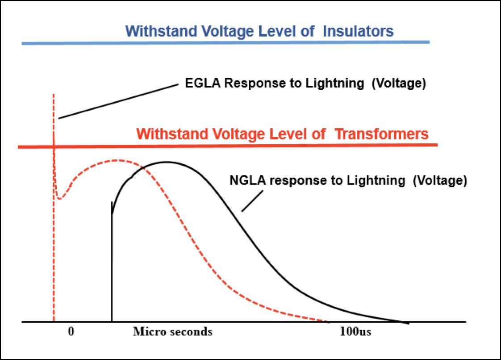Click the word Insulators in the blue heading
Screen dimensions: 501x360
click(358, 31)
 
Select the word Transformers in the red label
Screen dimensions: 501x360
click(381, 134)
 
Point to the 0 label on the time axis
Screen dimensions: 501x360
click(71, 331)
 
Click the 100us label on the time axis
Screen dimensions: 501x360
click(355, 331)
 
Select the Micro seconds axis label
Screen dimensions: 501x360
click(172, 331)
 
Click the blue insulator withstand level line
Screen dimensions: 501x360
click(225, 42)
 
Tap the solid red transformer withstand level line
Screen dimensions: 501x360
click(227, 146)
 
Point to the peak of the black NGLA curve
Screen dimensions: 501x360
click(167, 162)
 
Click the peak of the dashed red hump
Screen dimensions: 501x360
click(117, 160)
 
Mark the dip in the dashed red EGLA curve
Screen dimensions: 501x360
click(59, 199)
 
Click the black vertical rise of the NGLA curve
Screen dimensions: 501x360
click(112, 262)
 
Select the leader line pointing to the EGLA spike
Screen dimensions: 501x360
click(118, 101)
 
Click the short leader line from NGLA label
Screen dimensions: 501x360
click(252, 201)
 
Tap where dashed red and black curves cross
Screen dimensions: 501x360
click(142, 168)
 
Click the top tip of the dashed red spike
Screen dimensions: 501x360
click(53, 94)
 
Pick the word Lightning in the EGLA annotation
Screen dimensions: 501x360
click(334, 83)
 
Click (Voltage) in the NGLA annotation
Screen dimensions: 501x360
click(440, 180)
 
